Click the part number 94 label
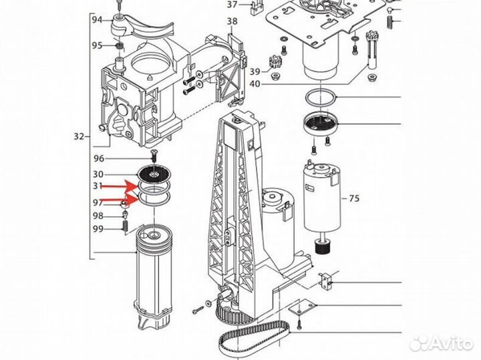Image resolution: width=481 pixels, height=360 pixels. pyautogui.click(x=98, y=20)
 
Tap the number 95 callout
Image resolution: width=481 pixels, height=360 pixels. pyautogui.click(x=98, y=45)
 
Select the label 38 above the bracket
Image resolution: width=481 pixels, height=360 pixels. pyautogui.click(x=232, y=21)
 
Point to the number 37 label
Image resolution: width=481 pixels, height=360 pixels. pyautogui.click(x=232, y=5)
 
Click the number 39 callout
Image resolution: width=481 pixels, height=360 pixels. pyautogui.click(x=255, y=71)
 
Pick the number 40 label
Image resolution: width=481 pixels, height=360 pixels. pyautogui.click(x=255, y=83)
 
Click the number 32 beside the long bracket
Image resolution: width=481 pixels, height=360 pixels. pyautogui.click(x=79, y=136)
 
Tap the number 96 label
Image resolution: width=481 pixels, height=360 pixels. pyautogui.click(x=99, y=158)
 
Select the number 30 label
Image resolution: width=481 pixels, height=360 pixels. pyautogui.click(x=98, y=174)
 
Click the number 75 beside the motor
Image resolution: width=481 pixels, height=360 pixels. pyautogui.click(x=354, y=198)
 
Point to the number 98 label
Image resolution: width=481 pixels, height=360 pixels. pyautogui.click(x=98, y=216)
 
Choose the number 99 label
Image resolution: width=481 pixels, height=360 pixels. pyautogui.click(x=98, y=229)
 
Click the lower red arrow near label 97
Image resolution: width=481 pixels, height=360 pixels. pyautogui.click(x=120, y=199)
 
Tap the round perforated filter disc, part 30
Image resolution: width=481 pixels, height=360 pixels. pyautogui.click(x=154, y=174)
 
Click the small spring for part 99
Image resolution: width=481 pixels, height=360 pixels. pyautogui.click(x=125, y=227)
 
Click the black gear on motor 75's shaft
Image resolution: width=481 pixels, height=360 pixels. pyautogui.click(x=323, y=246)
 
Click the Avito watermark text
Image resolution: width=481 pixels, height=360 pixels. pyautogui.click(x=451, y=343)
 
